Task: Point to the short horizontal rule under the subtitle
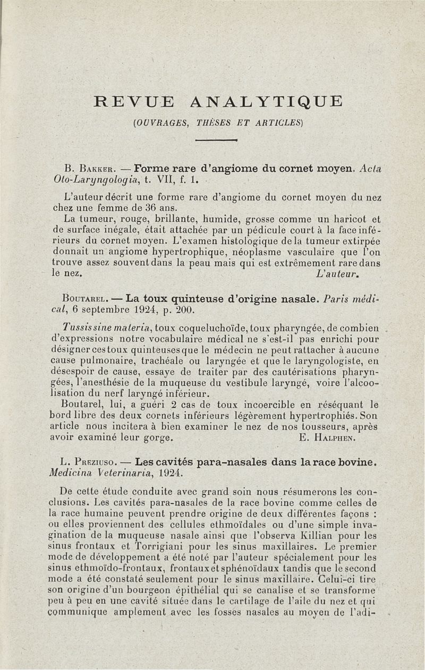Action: click(x=216, y=140)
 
